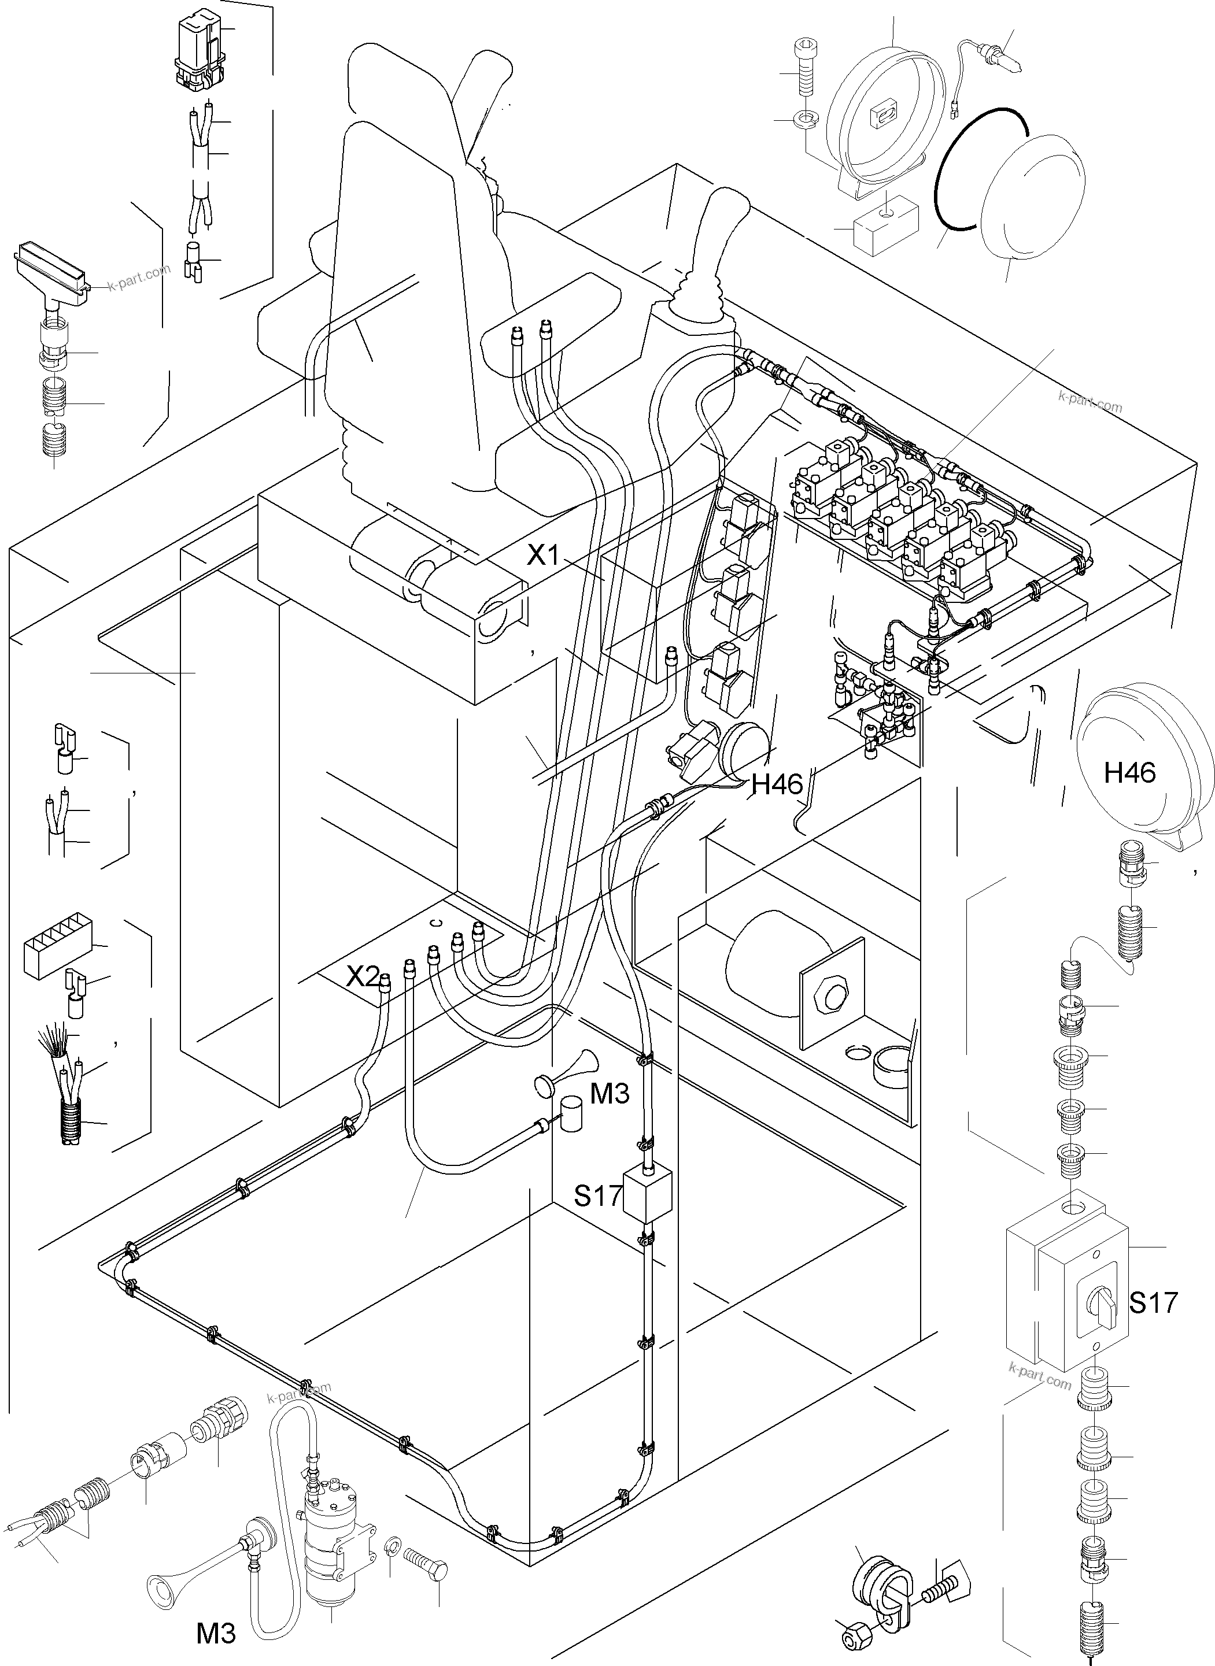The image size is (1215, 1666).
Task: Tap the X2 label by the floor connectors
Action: pos(363,976)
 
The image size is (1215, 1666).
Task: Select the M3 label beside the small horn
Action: pos(610,1094)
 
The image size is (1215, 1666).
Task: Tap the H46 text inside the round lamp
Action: pos(1129,772)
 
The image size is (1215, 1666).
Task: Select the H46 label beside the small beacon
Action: pos(777,785)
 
